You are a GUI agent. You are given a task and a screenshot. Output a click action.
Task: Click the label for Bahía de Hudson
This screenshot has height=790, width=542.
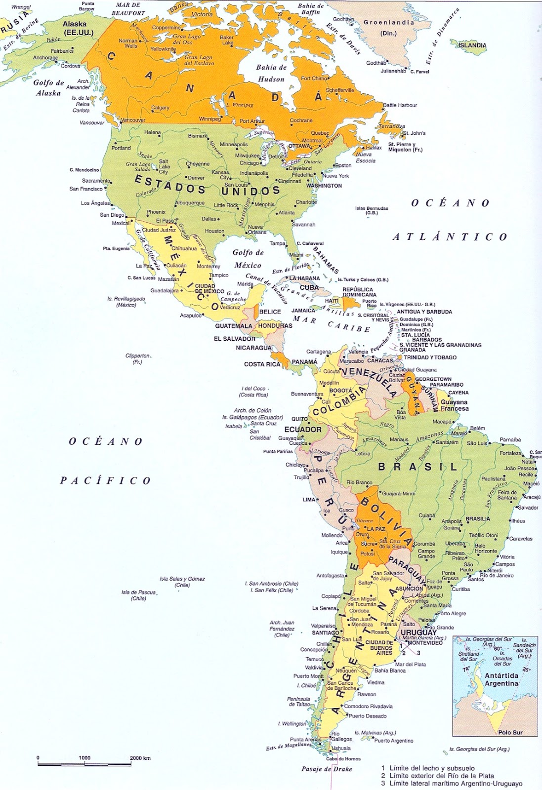tap(271, 73)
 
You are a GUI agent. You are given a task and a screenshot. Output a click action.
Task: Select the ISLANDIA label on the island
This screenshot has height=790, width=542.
tap(472, 45)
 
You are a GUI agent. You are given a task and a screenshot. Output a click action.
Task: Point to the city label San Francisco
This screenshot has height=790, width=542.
tap(86, 189)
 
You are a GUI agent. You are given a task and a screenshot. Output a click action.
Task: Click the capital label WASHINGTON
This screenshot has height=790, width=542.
tap(324, 186)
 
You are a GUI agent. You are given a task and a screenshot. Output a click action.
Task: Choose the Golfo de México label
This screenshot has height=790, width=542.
tap(248, 259)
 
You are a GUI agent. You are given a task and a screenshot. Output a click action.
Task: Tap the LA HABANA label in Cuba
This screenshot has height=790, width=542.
tap(305, 278)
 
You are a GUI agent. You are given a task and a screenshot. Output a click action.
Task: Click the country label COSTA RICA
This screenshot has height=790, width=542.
tap(262, 364)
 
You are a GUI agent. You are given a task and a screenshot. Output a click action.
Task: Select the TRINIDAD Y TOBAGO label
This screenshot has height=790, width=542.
tap(430, 357)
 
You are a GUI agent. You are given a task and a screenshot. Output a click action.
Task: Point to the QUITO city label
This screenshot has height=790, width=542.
tap(299, 419)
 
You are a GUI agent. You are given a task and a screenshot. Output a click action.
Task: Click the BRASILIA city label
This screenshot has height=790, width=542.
tap(478, 519)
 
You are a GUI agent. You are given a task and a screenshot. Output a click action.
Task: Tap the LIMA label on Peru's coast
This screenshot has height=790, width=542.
tap(309, 500)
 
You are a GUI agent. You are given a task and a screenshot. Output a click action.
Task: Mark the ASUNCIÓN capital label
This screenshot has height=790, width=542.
tap(409, 589)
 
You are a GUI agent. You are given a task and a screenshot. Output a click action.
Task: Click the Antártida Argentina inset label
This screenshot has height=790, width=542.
tap(501, 679)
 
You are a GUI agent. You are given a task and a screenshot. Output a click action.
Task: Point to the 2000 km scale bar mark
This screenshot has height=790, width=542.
tap(140, 758)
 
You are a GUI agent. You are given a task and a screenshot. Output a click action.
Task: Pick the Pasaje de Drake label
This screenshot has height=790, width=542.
tap(327, 769)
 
